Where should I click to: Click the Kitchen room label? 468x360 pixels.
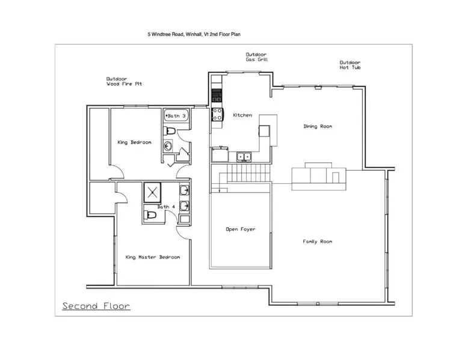(x=242, y=115)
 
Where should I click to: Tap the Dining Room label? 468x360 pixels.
(x=318, y=126)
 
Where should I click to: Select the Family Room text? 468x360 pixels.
(x=317, y=242)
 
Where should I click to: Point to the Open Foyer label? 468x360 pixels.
(x=241, y=230)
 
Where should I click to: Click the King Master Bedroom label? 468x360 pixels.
(x=153, y=257)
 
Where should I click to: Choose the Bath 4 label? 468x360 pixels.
(x=166, y=207)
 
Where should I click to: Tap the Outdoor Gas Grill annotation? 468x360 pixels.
(x=257, y=57)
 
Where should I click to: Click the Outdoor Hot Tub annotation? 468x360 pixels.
(x=350, y=65)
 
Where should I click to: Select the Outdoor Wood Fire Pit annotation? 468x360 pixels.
(x=124, y=81)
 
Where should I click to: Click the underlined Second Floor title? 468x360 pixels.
(x=96, y=306)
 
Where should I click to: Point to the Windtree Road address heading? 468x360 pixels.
(x=194, y=34)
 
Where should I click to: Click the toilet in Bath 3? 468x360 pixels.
(x=169, y=130)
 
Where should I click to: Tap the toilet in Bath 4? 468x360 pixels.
(x=150, y=215)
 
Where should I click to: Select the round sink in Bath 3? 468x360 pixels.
(x=168, y=147)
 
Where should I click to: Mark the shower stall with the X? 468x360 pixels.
(x=152, y=192)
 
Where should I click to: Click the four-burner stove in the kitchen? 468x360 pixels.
(x=218, y=114)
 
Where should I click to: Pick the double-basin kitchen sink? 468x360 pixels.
(x=244, y=157)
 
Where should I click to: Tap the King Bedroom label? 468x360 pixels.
(x=134, y=142)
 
